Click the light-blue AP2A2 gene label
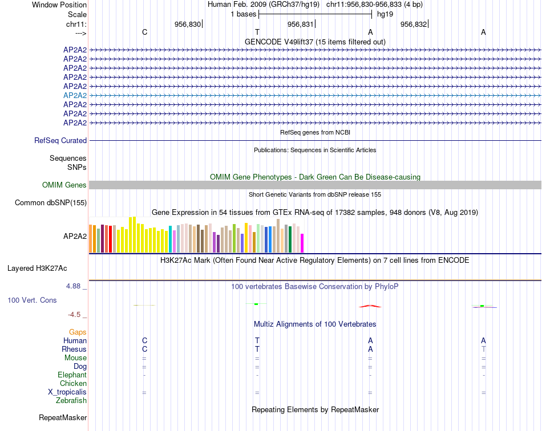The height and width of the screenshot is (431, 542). [75, 95]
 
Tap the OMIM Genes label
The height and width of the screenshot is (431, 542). [64, 185]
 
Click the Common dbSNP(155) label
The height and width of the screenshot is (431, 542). [51, 202]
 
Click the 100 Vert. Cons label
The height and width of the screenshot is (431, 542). [32, 300]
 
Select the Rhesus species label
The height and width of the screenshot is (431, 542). [74, 349]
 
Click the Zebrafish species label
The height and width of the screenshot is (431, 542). [71, 401]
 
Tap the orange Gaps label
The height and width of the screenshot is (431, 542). [78, 332]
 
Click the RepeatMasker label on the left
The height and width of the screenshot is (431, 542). [63, 418]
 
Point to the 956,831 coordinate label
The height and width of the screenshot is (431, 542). [301, 24]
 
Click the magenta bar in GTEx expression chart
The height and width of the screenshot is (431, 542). [302, 243]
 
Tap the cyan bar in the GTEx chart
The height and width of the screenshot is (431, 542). [171, 239]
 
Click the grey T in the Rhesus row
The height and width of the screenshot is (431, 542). [483, 349]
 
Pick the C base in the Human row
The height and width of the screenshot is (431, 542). [144, 340]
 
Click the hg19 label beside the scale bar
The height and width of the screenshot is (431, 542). [385, 14]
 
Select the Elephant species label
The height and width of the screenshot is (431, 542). [72, 375]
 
